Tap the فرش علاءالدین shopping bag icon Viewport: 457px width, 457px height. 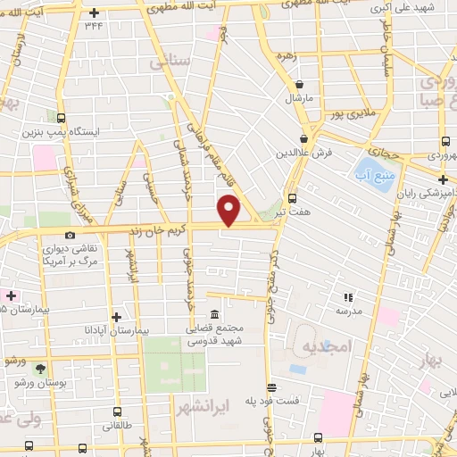click(304, 138)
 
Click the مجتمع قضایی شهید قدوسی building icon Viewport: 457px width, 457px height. click(215, 314)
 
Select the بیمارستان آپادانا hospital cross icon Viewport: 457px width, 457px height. click(116, 316)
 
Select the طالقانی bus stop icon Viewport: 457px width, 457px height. click(117, 413)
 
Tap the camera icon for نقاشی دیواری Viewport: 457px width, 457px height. click(71, 235)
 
